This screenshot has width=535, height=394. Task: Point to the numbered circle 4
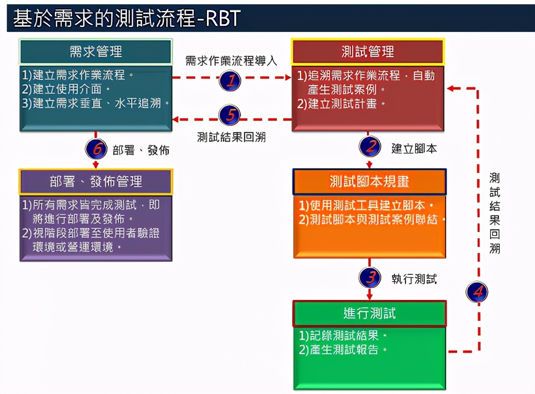477,291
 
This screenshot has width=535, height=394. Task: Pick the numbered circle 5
230,114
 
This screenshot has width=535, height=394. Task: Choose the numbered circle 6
96,149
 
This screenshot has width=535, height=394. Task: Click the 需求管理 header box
96,51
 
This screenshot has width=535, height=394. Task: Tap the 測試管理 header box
368,51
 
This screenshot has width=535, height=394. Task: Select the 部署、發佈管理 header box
96,181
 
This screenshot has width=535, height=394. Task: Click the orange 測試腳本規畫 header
369,182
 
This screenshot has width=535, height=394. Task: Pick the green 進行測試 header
369,313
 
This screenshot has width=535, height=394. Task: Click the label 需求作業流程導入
231,61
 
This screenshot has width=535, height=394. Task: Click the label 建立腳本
414,148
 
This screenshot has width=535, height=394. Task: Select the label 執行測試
414,279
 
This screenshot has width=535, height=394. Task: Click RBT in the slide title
220,18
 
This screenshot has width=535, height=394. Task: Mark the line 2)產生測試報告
343,350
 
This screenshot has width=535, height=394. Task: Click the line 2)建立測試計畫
342,103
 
